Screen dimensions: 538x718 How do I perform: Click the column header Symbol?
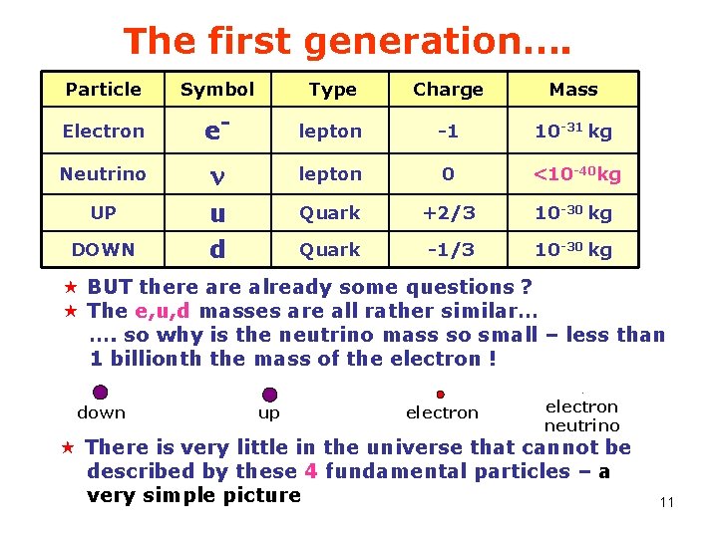pyautogui.click(x=217, y=90)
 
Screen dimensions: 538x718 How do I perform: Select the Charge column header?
pyautogui.click(x=448, y=90)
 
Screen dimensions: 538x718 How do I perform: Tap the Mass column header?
pyautogui.click(x=573, y=90)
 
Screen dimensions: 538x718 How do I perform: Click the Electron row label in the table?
pyautogui.click(x=103, y=132)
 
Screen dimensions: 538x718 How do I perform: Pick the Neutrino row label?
pyautogui.click(x=103, y=174)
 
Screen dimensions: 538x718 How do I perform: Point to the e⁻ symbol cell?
pyautogui.click(x=216, y=131)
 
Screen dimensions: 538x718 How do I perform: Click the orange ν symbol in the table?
pyautogui.click(x=216, y=175)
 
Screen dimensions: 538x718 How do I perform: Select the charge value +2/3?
pyautogui.click(x=448, y=213)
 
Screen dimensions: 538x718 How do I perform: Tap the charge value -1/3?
pyautogui.click(x=448, y=250)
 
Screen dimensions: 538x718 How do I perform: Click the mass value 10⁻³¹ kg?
pyautogui.click(x=573, y=131)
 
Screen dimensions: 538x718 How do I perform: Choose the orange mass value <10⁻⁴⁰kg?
pyautogui.click(x=576, y=174)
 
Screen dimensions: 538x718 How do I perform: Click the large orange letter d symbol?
pyautogui.click(x=216, y=249)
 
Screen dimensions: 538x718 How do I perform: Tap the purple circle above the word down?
pyautogui.click(x=100, y=393)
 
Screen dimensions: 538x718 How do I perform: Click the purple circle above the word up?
pyautogui.click(x=269, y=395)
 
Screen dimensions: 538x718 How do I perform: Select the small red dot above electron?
pyautogui.click(x=440, y=395)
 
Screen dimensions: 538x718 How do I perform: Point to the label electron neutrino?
pyautogui.click(x=581, y=415)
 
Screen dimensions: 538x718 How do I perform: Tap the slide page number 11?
pyautogui.click(x=667, y=502)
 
